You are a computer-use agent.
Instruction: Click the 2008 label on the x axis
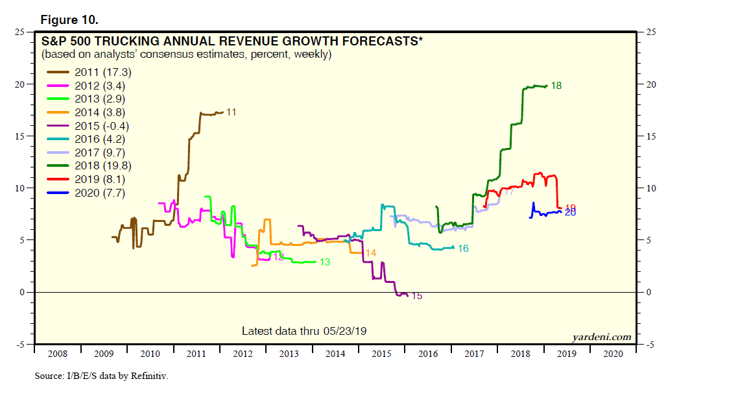(x=57, y=354)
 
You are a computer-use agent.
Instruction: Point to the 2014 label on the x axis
(x=335, y=354)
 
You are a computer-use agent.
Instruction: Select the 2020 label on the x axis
(x=613, y=354)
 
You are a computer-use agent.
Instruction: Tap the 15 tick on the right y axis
(x=647, y=136)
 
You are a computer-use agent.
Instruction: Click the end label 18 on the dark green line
(x=556, y=85)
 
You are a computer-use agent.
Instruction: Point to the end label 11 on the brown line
(x=231, y=112)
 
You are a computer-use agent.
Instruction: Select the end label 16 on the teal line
(x=463, y=249)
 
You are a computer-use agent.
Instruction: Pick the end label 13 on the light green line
(x=325, y=262)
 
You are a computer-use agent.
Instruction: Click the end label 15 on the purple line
(x=417, y=296)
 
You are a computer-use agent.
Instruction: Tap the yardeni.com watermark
(x=601, y=337)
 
